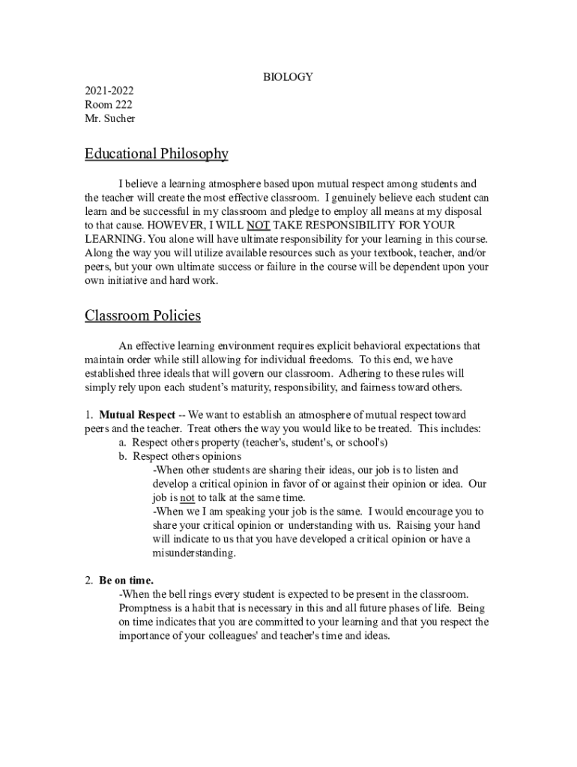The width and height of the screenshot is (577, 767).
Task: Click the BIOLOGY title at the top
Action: [288, 76]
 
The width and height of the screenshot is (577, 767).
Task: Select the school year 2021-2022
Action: [109, 91]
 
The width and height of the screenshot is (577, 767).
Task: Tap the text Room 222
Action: [109, 104]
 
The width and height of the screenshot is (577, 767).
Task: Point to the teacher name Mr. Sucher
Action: [110, 118]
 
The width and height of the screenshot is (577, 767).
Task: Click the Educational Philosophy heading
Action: [156, 154]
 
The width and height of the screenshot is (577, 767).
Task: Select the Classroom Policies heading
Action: [142, 315]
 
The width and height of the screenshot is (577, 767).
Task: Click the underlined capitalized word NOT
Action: [258, 225]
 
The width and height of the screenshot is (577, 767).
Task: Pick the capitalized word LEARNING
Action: [112, 239]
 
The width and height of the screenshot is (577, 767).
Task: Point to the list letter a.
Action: [122, 443]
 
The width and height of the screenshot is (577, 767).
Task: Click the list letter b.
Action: [123, 456]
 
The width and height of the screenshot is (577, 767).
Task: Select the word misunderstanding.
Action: [194, 553]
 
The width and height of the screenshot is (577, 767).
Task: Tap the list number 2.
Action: [88, 580]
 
